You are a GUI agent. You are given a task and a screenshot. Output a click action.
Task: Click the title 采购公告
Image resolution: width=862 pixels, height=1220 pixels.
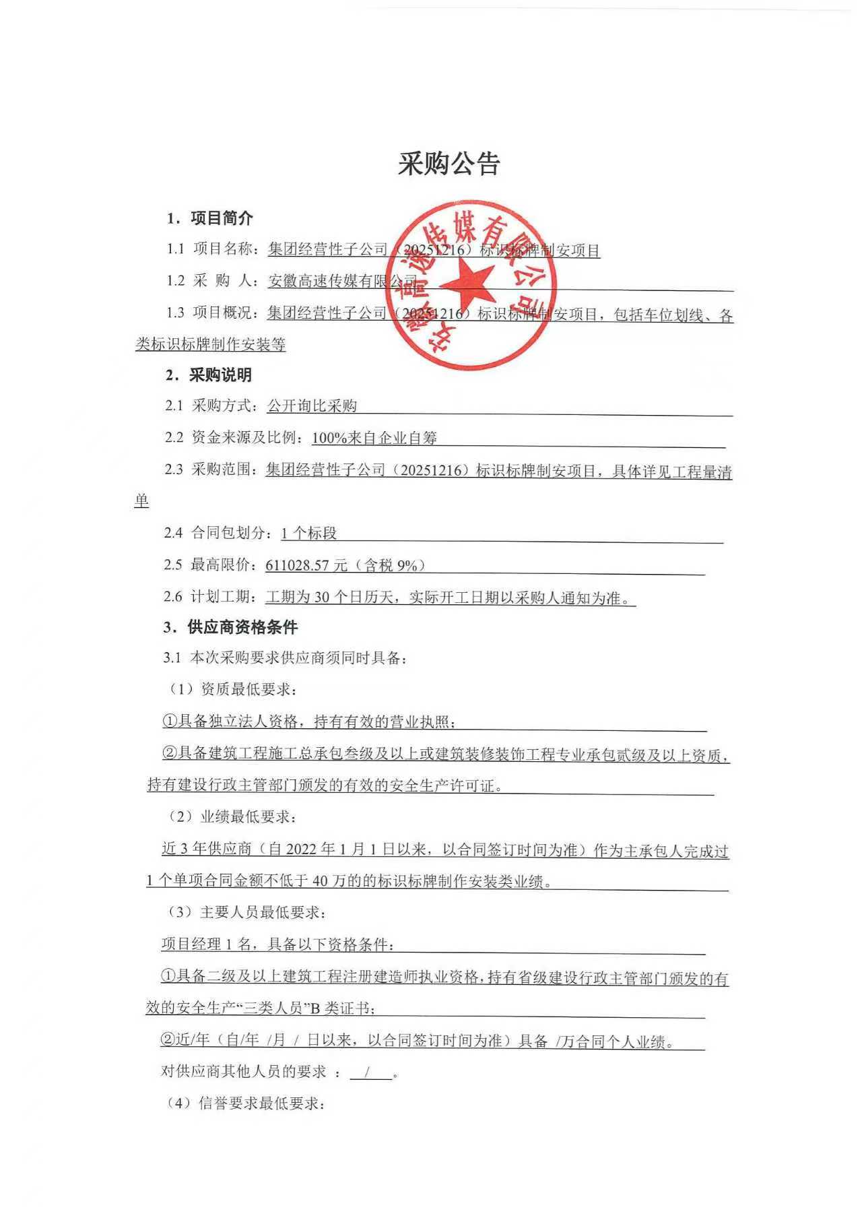(x=449, y=164)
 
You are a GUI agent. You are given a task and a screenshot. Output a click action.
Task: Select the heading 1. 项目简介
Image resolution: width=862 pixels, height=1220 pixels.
(x=210, y=218)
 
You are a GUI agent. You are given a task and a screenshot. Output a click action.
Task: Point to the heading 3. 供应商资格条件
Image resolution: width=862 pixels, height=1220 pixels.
(x=230, y=627)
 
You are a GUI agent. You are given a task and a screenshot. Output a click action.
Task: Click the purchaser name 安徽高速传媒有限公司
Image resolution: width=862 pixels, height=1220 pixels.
(x=343, y=282)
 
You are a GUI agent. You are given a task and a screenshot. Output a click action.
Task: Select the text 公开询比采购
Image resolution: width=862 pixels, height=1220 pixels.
(x=312, y=406)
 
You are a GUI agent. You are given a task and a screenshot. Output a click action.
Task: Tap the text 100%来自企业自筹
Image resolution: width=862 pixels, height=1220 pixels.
(x=374, y=438)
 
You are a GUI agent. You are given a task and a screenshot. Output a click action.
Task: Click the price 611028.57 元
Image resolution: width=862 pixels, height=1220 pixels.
(x=306, y=565)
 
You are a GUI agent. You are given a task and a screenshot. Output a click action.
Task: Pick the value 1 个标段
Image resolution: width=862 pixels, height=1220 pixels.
(x=308, y=534)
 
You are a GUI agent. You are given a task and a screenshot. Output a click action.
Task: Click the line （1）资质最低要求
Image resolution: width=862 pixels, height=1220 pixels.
(x=232, y=689)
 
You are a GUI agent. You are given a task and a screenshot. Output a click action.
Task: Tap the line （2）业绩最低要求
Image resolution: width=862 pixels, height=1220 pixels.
(x=232, y=817)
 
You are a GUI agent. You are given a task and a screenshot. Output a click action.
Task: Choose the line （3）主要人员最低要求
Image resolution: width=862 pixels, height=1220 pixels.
(x=246, y=913)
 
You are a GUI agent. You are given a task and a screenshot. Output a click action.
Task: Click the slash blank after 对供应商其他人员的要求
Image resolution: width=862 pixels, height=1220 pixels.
(x=370, y=1072)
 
